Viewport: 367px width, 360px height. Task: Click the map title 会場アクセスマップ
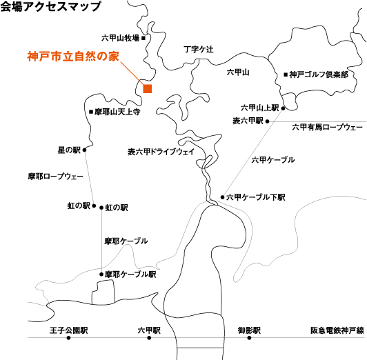[50, 6]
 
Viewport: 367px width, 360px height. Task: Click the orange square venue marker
[148, 89]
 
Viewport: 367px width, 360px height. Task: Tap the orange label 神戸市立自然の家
[73, 57]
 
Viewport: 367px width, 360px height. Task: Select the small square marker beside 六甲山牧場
[143, 38]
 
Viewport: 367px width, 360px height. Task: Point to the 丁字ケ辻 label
[199, 50]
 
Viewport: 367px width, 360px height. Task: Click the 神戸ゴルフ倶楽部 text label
[319, 74]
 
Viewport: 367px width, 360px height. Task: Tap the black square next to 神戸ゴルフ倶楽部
[286, 75]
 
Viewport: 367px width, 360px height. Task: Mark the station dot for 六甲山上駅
[283, 108]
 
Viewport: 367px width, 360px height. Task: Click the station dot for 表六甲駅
[267, 121]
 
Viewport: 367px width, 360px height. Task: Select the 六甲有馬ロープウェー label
[327, 128]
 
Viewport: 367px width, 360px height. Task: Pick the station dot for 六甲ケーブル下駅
[223, 197]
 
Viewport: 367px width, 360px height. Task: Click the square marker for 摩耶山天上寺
[91, 112]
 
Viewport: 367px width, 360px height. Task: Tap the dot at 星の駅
[84, 150]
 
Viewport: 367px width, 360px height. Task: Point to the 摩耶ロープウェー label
[55, 177]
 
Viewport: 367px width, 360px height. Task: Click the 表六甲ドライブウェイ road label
[161, 152]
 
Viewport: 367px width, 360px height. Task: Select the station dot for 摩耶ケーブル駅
[101, 274]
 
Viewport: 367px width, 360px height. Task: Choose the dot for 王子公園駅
[68, 338]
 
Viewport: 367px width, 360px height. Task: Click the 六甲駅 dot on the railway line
[149, 338]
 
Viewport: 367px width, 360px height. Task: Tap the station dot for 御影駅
[249, 338]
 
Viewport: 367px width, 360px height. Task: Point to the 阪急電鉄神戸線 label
[337, 330]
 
